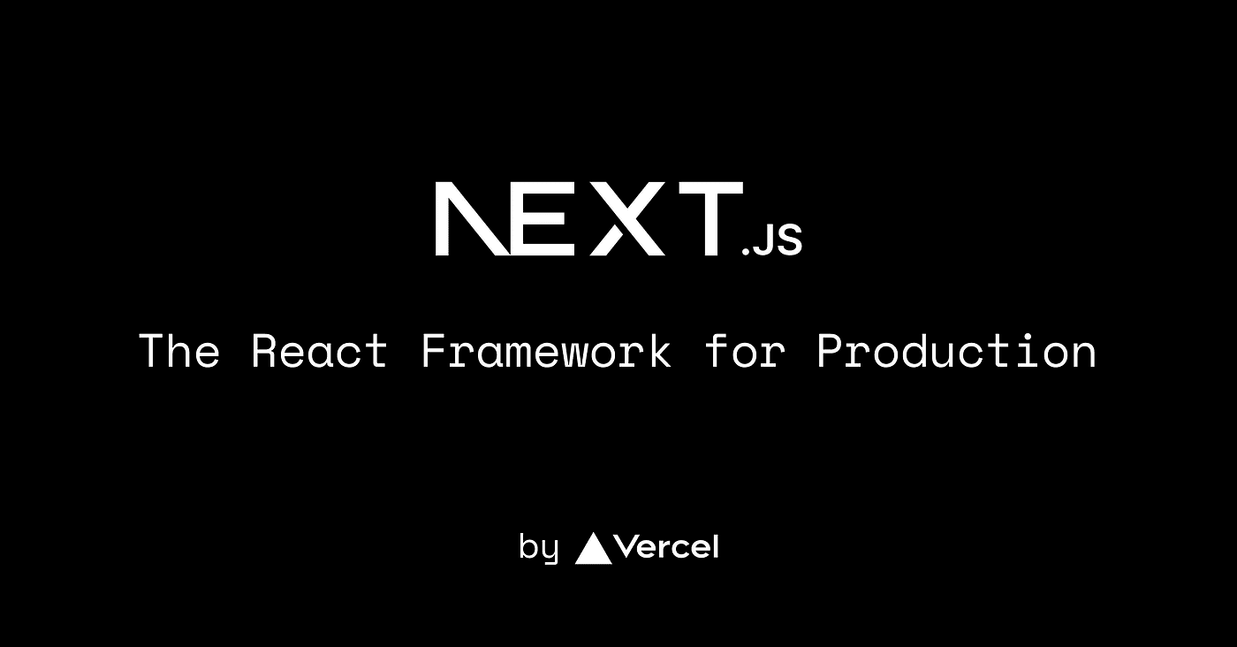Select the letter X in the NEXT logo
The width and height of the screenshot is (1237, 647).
(x=630, y=219)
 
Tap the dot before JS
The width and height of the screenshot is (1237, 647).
(x=746, y=253)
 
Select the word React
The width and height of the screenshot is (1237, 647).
(x=320, y=351)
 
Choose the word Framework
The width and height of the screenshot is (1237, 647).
(x=546, y=351)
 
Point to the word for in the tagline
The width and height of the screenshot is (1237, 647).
(x=744, y=351)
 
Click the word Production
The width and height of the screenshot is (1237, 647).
(x=956, y=351)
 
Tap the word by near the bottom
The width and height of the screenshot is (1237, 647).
(x=538, y=549)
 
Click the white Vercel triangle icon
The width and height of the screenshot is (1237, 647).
(x=593, y=549)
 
